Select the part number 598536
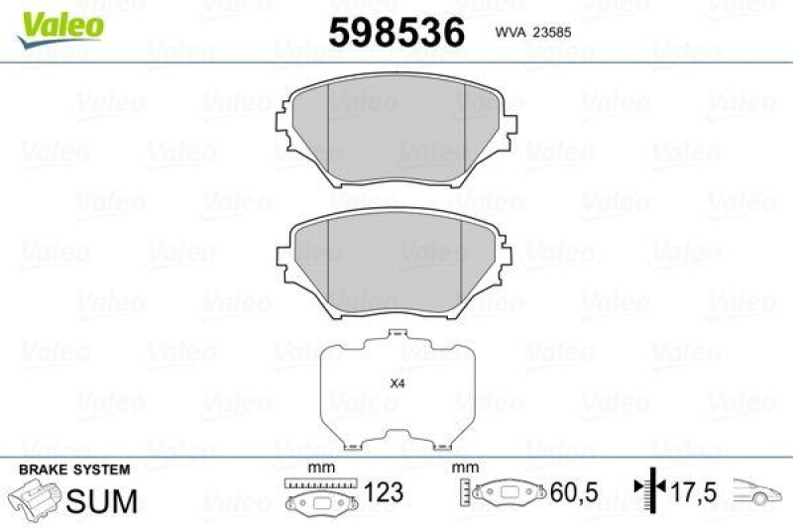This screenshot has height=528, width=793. (x=396, y=32)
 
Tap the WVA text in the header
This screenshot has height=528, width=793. (x=509, y=32)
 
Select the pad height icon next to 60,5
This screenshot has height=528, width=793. (x=505, y=492)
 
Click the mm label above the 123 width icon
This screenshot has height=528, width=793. (x=318, y=468)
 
